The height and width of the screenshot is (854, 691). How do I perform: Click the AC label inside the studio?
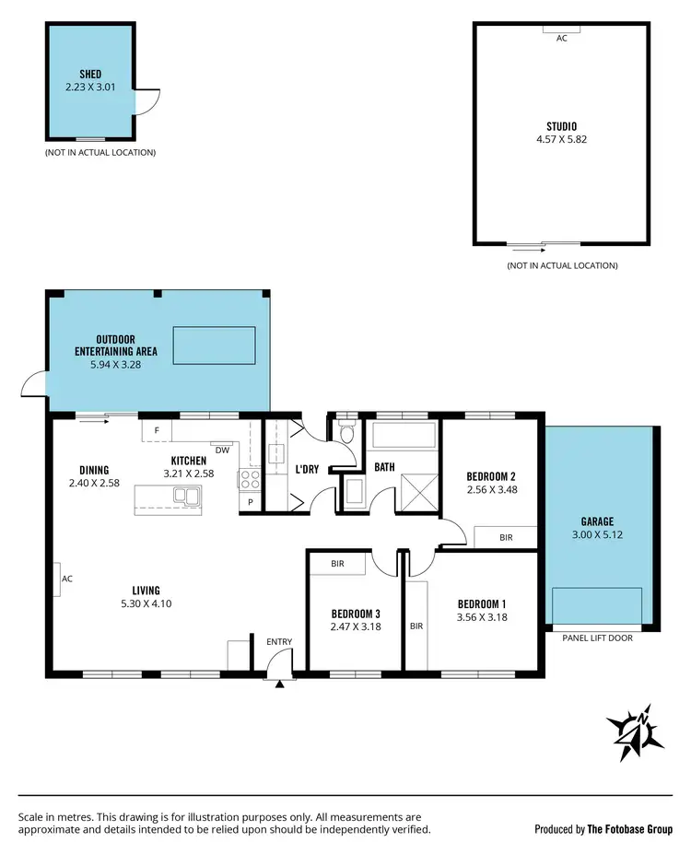(x=561, y=39)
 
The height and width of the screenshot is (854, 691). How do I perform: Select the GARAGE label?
(x=597, y=521)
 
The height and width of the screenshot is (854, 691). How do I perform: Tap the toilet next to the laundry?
(x=346, y=433)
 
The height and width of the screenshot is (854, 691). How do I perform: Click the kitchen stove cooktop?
(x=250, y=478)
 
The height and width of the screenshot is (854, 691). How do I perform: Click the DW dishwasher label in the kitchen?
(x=222, y=450)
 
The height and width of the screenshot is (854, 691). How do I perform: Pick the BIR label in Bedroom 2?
(x=505, y=537)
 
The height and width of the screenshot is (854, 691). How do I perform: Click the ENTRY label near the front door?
(x=279, y=641)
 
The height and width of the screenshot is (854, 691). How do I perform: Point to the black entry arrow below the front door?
(x=279, y=683)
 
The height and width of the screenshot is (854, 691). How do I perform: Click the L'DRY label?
(x=307, y=469)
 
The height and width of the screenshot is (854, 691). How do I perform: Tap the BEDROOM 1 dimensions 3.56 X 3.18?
(x=483, y=618)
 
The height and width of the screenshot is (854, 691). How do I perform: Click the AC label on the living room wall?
(x=66, y=579)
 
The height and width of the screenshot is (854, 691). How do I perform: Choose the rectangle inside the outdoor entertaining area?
(x=214, y=344)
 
